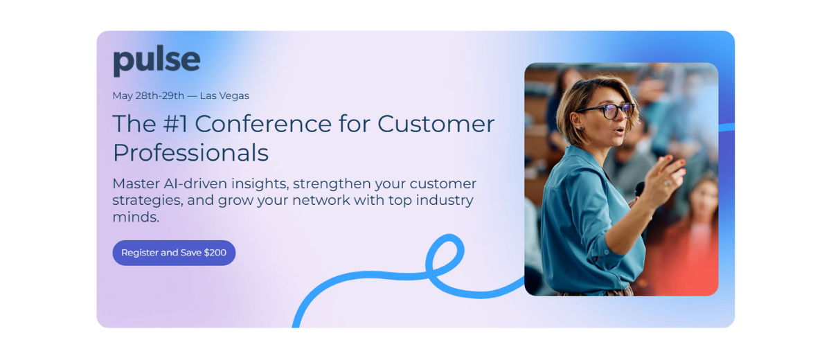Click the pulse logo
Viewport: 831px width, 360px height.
point(157,61)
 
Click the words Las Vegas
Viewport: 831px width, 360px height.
point(224,96)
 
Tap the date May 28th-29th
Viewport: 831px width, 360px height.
point(148,96)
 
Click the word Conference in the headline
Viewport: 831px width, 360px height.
point(263,123)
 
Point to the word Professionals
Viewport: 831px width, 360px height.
point(190,153)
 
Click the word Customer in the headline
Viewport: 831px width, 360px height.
point(436,123)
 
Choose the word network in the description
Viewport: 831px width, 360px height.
point(321,200)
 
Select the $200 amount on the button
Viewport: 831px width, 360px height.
point(215,253)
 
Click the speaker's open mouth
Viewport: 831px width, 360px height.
point(619,131)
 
